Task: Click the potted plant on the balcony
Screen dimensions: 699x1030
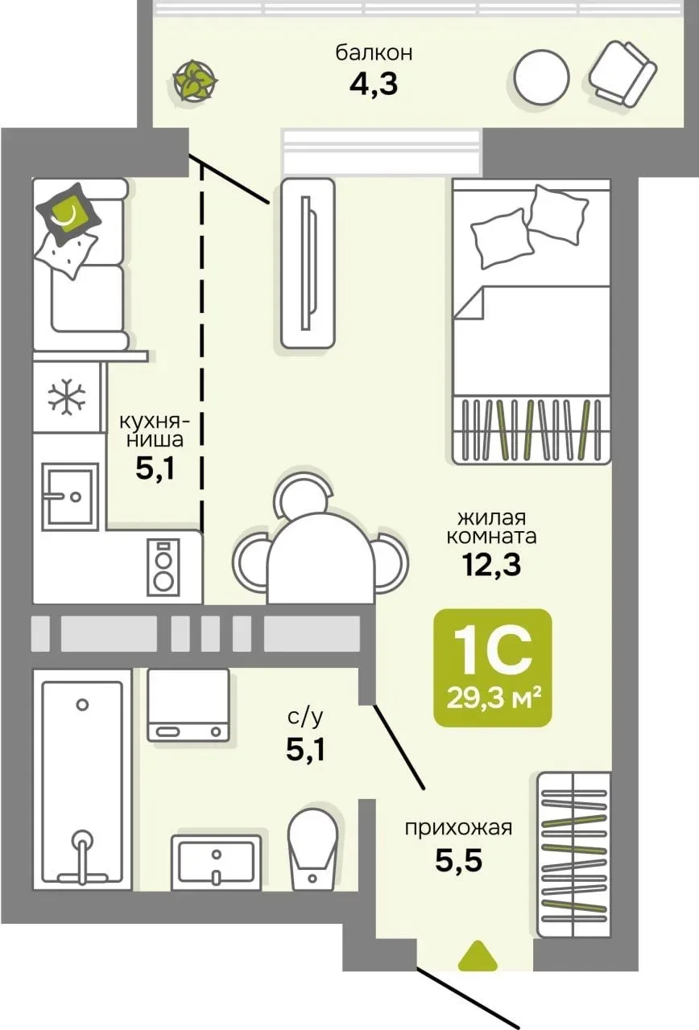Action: point(195,81)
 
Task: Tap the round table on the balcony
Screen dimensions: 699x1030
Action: point(542,76)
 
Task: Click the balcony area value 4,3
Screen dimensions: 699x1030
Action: point(373,84)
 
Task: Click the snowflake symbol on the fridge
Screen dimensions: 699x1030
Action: point(67,396)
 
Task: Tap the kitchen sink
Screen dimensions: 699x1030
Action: point(70,496)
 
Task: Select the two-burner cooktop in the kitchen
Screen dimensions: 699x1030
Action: point(163,566)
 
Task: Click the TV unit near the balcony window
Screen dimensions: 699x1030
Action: point(308,263)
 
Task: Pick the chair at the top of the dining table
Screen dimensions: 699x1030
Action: point(302,493)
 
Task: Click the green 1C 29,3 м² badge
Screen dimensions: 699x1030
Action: point(493,668)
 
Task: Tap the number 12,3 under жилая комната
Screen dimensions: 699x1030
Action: point(492,565)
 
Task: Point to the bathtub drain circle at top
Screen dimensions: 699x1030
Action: point(82,704)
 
